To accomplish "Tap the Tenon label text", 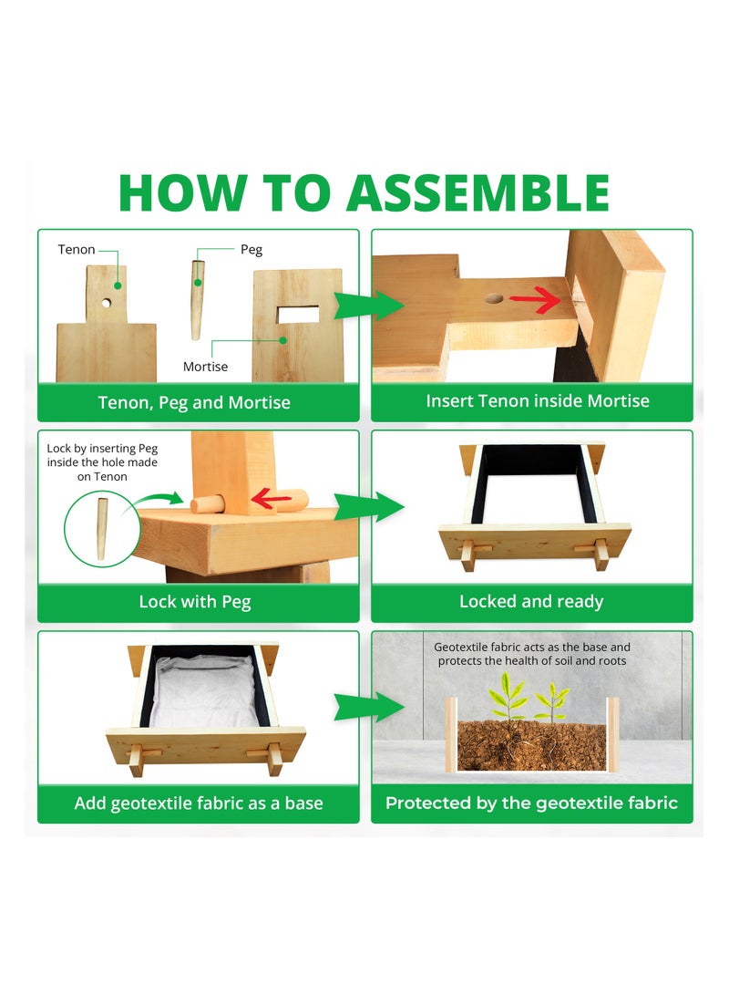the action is click(x=76, y=249).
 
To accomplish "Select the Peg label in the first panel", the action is click(x=251, y=249).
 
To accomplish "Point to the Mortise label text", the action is click(x=205, y=366).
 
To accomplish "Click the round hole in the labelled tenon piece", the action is click(x=107, y=304).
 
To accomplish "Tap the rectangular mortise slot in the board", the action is click(x=298, y=314).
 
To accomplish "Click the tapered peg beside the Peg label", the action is click(x=197, y=300).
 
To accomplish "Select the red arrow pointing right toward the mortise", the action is click(x=537, y=299).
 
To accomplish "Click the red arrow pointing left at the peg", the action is click(x=272, y=499).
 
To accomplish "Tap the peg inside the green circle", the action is click(x=101, y=529).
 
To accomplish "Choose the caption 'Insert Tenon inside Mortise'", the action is click(x=538, y=401).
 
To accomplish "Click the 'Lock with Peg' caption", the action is click(x=195, y=602).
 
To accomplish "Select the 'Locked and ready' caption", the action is click(x=531, y=602).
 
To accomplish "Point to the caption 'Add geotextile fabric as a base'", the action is click(x=199, y=803).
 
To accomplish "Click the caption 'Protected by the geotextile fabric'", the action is click(x=531, y=803).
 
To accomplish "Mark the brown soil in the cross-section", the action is click(x=532, y=745).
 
